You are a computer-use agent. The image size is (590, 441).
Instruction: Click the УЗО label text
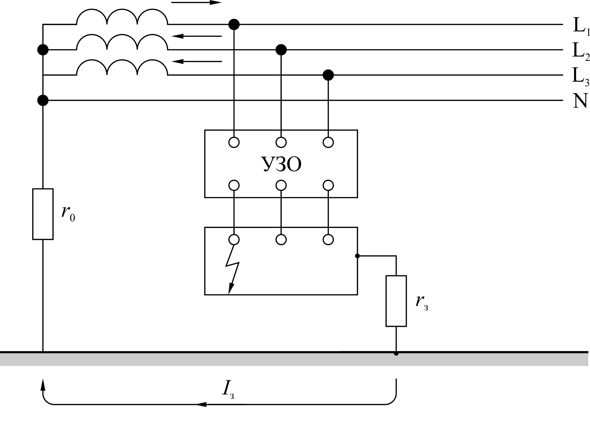pos(281,164)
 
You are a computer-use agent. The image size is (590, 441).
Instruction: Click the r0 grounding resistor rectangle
pos(43,214)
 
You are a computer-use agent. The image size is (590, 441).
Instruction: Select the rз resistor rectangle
pos(396,301)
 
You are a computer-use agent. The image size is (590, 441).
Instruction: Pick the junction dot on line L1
pos(234,25)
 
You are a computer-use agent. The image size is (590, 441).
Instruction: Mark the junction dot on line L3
pos(328,75)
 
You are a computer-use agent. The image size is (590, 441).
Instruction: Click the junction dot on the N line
pos(43,100)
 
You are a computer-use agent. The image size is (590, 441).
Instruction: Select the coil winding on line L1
pos(122,17)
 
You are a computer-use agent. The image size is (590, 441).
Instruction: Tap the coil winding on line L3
pos(122,67)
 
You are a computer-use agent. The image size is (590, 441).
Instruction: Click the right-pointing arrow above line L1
pos(196,3)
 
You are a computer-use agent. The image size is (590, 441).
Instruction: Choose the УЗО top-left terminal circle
pos(234,142)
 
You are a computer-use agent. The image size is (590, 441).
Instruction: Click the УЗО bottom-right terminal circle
pos(328,185)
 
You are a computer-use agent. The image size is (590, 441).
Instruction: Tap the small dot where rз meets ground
pos(396,353)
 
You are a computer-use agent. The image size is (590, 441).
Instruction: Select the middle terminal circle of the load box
pos(281,239)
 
